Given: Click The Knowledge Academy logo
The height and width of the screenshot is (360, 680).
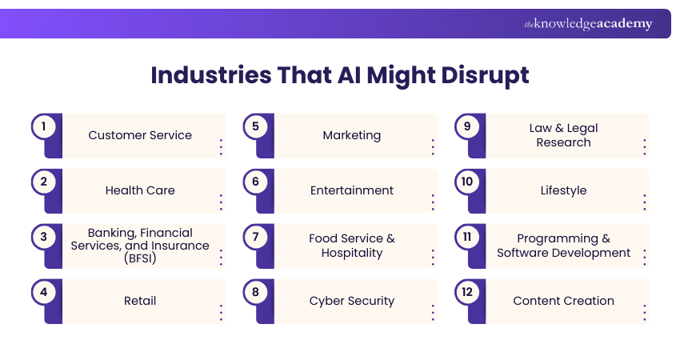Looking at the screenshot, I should [x=588, y=24].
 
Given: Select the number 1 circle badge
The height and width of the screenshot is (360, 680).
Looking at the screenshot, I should [x=43, y=126].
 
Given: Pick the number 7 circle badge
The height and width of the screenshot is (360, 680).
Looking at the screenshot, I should [x=255, y=237].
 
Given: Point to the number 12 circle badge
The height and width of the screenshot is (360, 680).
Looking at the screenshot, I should [x=466, y=292].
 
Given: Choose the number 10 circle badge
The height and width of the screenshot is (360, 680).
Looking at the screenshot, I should [x=466, y=182].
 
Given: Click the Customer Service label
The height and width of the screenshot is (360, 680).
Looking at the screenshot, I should [x=140, y=135].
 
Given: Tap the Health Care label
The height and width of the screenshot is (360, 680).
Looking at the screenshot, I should [x=140, y=190].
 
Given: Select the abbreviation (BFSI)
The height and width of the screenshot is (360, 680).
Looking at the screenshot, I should [x=140, y=260].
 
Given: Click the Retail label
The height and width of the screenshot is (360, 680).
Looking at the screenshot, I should [x=140, y=301].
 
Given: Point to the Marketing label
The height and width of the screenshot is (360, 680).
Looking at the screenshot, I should [x=352, y=135].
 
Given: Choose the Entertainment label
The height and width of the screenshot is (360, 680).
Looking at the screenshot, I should [x=352, y=190].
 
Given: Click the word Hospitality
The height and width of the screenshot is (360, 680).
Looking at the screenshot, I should [x=352, y=253].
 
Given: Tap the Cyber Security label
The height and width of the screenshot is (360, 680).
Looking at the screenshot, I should [x=352, y=301].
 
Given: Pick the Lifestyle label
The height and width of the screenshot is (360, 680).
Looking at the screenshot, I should [x=563, y=190].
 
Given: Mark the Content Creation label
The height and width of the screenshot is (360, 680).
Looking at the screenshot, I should [x=563, y=301].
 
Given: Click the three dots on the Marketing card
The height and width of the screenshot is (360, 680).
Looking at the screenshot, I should [x=433, y=146].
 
